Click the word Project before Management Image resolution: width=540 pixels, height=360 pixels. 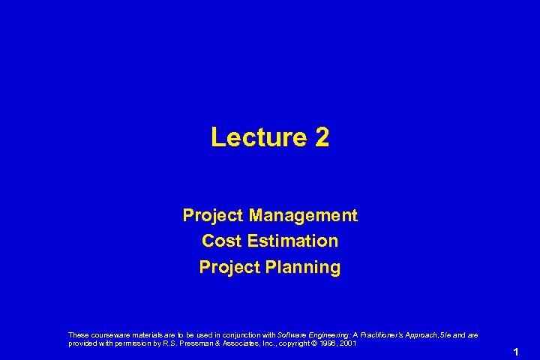click(213, 216)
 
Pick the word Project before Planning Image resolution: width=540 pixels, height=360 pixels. click(229, 267)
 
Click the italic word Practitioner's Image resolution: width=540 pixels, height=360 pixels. click(377, 335)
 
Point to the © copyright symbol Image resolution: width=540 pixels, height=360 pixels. click(313, 343)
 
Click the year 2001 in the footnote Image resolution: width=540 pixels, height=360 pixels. click(347, 343)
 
